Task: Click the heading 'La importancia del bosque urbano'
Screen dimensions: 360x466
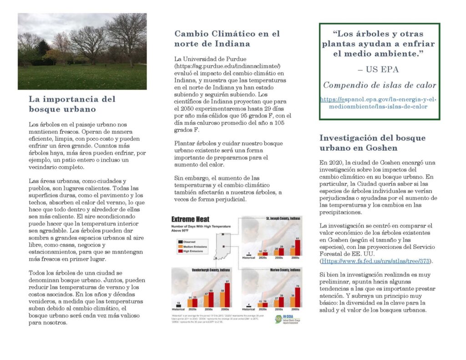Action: click(x=72, y=104)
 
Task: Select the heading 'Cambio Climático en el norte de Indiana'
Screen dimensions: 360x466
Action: click(x=227, y=39)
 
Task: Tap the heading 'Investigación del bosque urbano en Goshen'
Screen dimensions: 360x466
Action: click(x=372, y=143)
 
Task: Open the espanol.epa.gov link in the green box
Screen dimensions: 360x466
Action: click(x=378, y=103)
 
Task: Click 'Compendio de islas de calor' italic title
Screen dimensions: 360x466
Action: click(x=380, y=85)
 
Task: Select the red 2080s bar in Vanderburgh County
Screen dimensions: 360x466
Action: click(x=227, y=294)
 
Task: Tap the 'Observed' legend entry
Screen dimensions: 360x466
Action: click(x=190, y=241)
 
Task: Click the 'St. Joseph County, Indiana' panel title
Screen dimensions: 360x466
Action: click(x=283, y=219)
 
